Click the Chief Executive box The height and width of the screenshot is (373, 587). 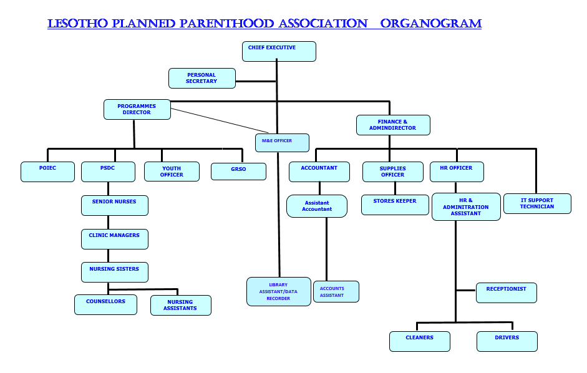coord(279,51)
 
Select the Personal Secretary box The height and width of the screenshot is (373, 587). coord(202,78)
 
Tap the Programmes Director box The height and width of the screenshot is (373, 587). coord(137,109)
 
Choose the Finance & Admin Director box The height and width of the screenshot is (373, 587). coord(393,125)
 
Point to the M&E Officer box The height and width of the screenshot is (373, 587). coord(282,142)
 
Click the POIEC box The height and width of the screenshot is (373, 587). coord(47,172)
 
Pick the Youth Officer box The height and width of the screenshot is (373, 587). coord(172,172)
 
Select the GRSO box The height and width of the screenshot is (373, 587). coord(238,172)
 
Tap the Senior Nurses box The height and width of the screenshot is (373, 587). coord(115,205)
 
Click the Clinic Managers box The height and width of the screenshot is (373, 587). coord(115,239)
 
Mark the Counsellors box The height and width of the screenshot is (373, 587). coord(105,304)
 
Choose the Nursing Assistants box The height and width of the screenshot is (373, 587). coord(180,305)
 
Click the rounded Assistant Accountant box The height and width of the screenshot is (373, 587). coord(317,206)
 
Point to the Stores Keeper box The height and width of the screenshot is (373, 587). coord(395,205)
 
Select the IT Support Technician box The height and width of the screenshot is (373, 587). coord(537,203)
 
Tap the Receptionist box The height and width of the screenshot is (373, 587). coord(506,293)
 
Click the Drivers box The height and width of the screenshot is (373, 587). coord(507,341)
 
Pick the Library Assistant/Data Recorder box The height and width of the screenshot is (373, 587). coord(278,291)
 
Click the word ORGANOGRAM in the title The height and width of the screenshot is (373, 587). coord(431,24)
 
